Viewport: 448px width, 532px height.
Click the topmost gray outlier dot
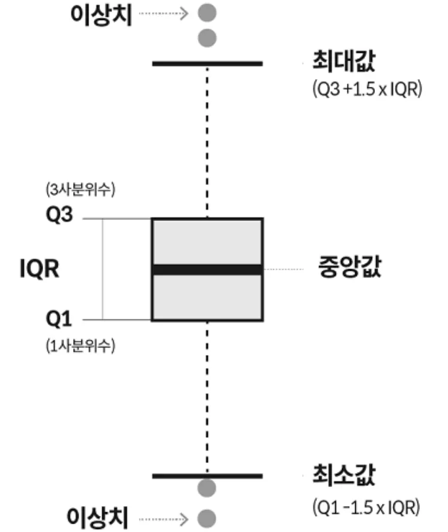(207, 12)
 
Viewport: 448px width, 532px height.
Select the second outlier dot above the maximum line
(207, 37)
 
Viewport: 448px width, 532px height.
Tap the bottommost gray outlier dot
(207, 516)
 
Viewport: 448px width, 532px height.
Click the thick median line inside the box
(207, 270)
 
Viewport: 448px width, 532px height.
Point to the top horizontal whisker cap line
(207, 63)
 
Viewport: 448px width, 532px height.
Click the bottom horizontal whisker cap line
(207, 476)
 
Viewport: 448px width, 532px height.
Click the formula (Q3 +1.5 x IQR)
(367, 90)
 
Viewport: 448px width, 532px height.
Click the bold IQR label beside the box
(39, 270)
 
